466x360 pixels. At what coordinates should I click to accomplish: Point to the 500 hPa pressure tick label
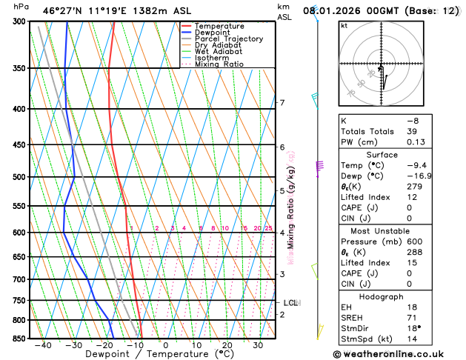point(20,177)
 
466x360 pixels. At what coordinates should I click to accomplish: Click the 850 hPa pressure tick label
point(20,339)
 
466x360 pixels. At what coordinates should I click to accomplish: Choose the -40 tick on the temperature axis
point(43,345)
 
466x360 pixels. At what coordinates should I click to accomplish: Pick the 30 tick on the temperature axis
point(258,345)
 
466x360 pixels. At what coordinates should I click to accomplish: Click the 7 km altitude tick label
point(282,103)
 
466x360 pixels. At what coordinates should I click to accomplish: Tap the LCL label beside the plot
point(291,302)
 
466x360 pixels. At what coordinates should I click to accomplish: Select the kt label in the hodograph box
point(344,26)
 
